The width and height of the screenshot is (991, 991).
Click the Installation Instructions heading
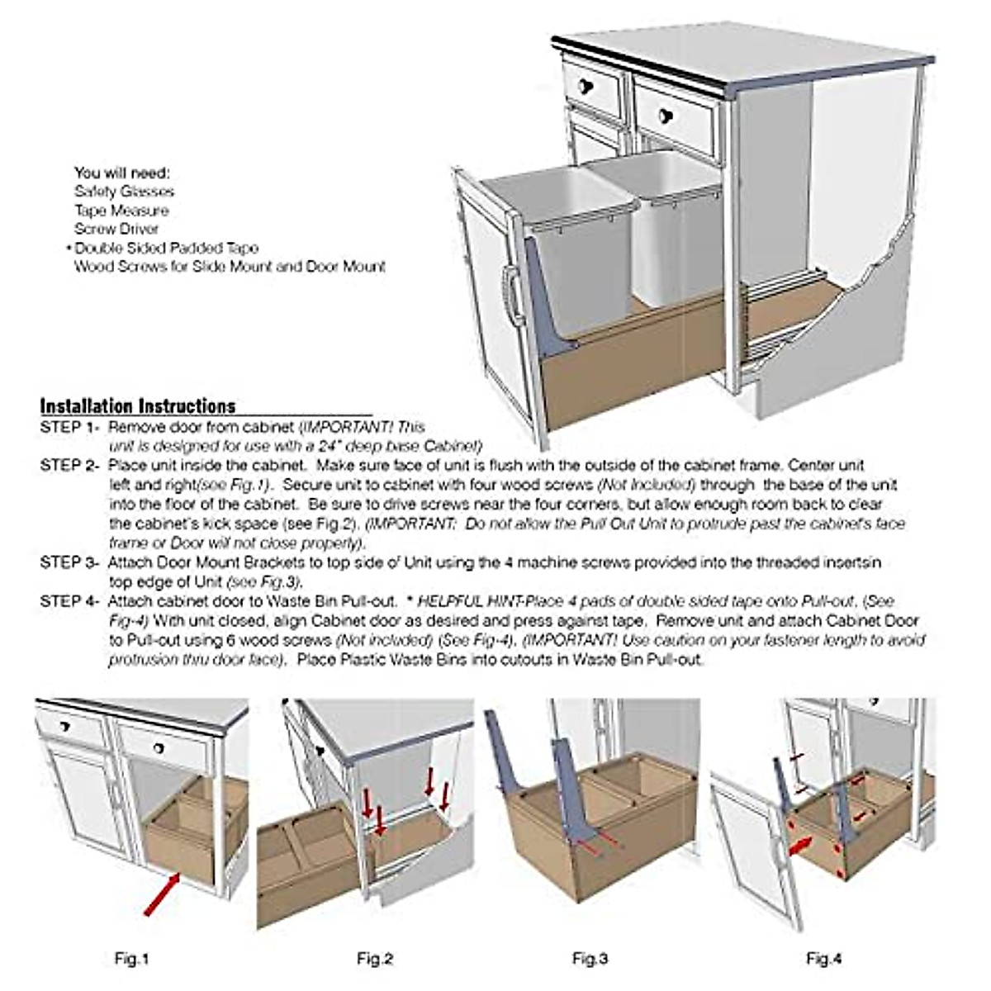(x=138, y=406)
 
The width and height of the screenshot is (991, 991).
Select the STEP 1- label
(x=69, y=428)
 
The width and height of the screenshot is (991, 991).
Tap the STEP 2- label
(x=69, y=466)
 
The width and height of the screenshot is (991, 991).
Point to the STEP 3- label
(x=69, y=562)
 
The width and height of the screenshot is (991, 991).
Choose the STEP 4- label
(x=69, y=601)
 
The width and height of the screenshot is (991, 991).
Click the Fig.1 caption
(x=131, y=959)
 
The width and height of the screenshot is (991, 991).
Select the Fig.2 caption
(x=374, y=959)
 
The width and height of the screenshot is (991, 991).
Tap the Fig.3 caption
(x=590, y=959)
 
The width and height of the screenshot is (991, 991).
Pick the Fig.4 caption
(x=823, y=959)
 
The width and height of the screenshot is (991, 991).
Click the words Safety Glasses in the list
(x=113, y=192)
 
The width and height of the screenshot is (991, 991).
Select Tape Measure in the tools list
(x=121, y=211)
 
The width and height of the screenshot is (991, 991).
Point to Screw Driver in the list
(x=116, y=230)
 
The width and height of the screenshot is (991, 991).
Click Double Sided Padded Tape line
(x=166, y=248)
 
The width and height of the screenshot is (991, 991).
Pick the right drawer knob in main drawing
(x=665, y=114)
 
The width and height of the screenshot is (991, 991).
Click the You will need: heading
(x=121, y=173)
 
